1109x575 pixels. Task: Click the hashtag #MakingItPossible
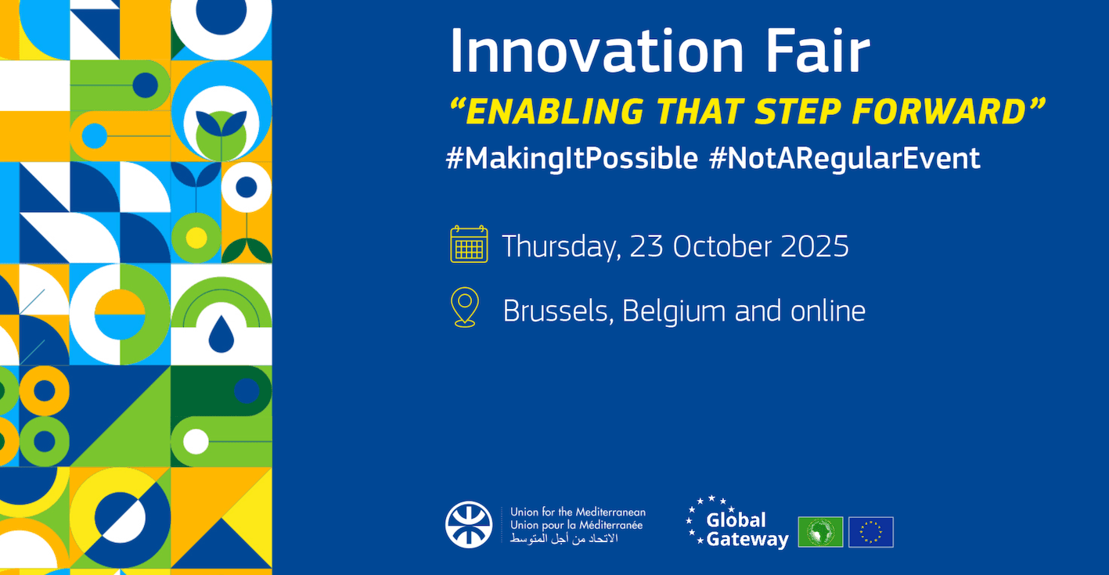click(x=571, y=158)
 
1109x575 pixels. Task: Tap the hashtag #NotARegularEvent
click(x=844, y=158)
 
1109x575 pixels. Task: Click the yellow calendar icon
click(x=469, y=244)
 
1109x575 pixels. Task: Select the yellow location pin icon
click(x=466, y=307)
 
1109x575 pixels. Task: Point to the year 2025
click(x=815, y=246)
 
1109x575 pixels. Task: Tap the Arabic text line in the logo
click(x=564, y=540)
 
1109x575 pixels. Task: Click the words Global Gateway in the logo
click(x=747, y=530)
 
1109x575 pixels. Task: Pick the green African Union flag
click(x=820, y=532)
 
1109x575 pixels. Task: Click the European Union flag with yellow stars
click(x=870, y=532)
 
